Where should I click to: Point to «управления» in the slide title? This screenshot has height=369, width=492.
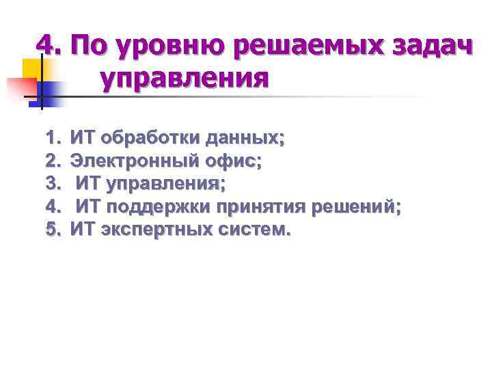point(184,79)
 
